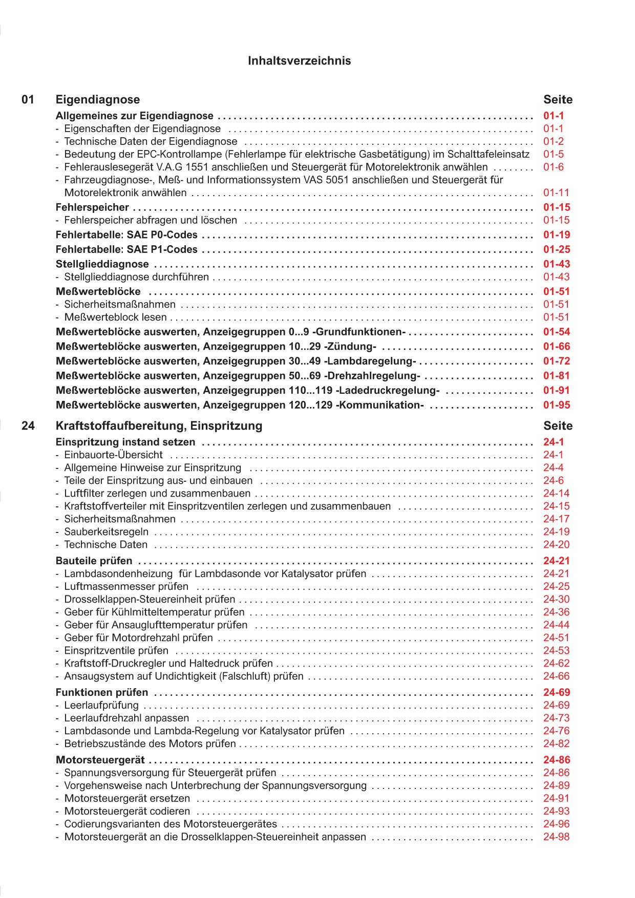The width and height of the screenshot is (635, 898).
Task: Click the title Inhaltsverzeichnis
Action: click(299, 61)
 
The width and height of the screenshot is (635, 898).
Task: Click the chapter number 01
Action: click(28, 100)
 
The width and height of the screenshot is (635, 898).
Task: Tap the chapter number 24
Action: click(28, 426)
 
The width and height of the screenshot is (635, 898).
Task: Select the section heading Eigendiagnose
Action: click(97, 100)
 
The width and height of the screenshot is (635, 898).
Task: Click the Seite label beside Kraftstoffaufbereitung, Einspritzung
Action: click(558, 426)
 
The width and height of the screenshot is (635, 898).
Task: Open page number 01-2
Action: click(554, 141)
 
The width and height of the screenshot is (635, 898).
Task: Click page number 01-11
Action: click(556, 193)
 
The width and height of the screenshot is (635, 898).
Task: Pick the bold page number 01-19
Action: click(557, 235)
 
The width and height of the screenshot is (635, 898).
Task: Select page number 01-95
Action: click(557, 405)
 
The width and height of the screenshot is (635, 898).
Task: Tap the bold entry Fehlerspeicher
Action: click(92, 207)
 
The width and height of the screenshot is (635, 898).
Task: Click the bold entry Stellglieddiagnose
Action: click(102, 264)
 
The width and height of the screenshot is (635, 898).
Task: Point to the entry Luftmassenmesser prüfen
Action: click(126, 587)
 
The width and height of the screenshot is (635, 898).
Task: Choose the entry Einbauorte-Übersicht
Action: click(113, 455)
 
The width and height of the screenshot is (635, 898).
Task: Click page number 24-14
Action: click(556, 494)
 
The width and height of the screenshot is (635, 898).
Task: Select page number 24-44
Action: click(556, 625)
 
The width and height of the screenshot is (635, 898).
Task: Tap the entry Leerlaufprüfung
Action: click(101, 705)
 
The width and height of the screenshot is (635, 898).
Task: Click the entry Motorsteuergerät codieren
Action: click(127, 811)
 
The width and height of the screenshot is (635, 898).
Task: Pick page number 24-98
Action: click(556, 837)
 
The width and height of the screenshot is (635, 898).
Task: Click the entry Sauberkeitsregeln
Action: click(106, 532)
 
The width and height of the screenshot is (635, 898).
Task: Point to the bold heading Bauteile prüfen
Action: click(94, 561)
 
